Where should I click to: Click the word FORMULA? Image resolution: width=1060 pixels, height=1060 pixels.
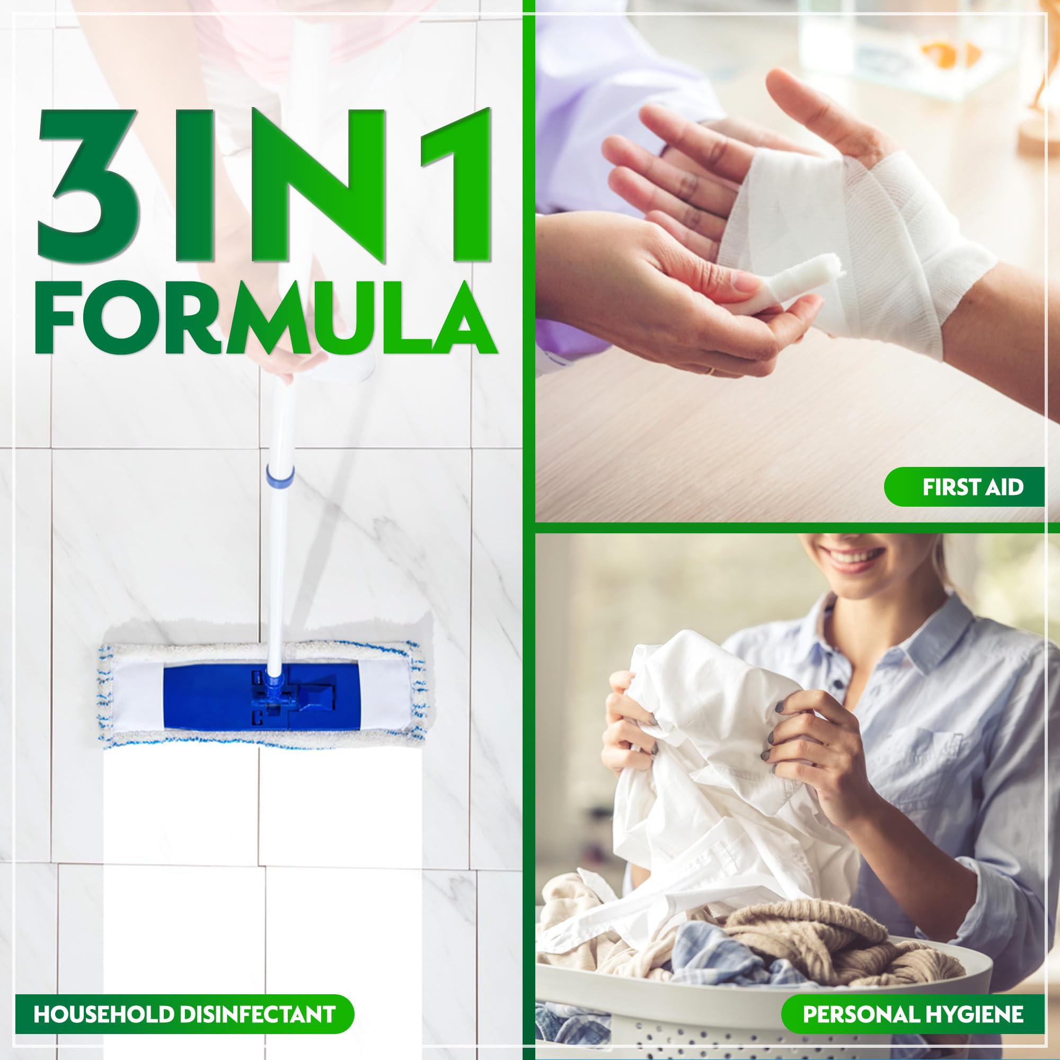(x=266, y=318)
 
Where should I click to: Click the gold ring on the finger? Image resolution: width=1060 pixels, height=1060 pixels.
(x=711, y=372)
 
